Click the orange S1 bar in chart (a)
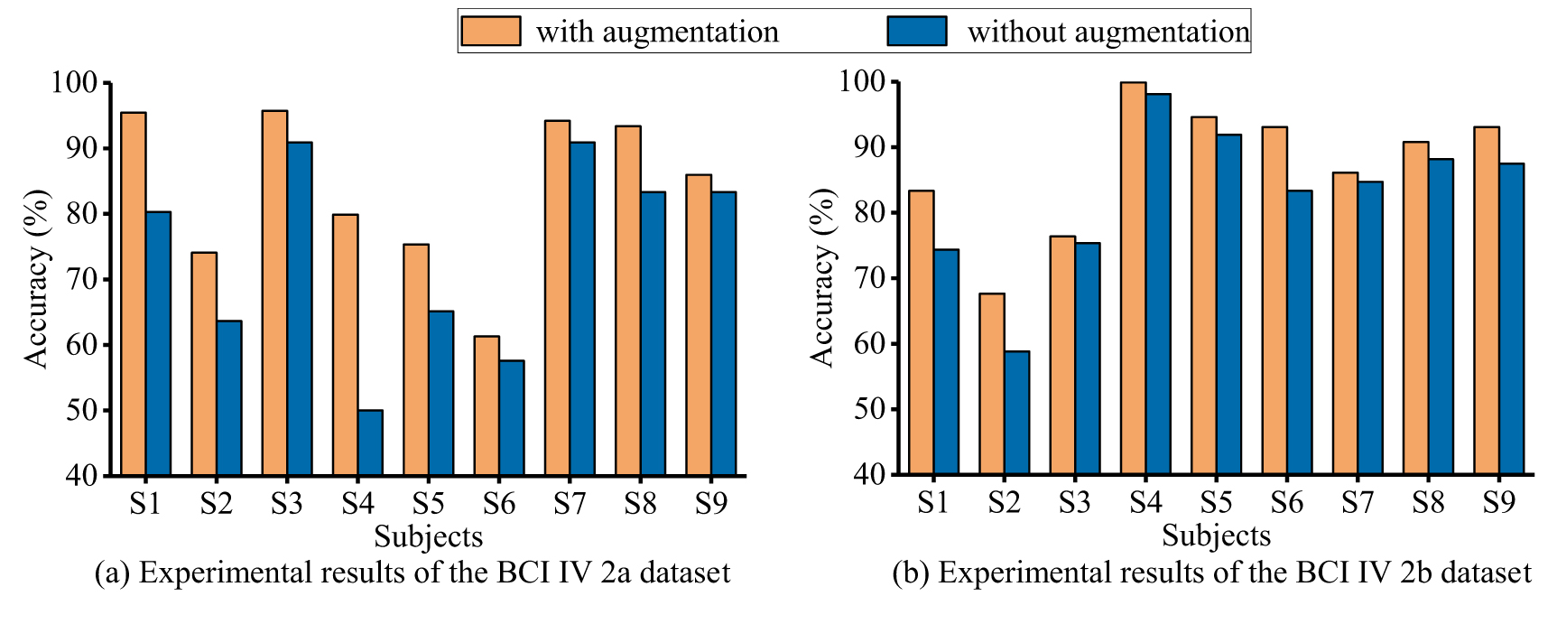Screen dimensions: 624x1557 click(x=133, y=293)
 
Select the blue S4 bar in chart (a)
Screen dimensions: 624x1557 click(x=370, y=442)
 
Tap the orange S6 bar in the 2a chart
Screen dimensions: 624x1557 click(x=487, y=405)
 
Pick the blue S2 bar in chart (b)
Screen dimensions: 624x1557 click(x=1017, y=413)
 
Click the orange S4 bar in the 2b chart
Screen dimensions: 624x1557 click(x=1133, y=278)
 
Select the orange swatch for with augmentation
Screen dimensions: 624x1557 click(x=491, y=31)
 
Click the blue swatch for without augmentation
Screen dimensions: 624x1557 click(x=917, y=31)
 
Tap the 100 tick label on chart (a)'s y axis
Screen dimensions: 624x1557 click(x=74, y=82)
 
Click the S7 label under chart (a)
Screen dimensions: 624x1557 click(x=570, y=503)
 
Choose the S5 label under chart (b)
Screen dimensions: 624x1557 click(x=1216, y=502)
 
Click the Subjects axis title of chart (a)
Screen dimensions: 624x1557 click(x=429, y=536)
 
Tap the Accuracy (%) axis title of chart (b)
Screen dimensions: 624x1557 click(x=822, y=278)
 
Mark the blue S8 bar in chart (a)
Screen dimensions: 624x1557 click(x=653, y=333)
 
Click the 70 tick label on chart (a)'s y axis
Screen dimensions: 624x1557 click(x=82, y=279)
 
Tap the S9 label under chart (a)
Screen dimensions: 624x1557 click(x=711, y=503)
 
